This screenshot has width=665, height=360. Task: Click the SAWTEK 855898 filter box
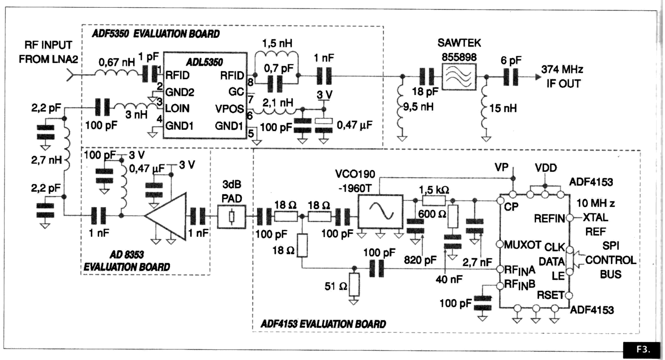[459, 77]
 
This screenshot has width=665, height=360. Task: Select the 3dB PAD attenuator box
[231, 217]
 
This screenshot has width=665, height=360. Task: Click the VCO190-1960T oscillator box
[380, 211]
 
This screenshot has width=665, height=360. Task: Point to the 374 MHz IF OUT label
[562, 77]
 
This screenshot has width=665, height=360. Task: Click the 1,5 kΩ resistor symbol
[434, 201]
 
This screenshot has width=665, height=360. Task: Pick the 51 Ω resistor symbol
[354, 285]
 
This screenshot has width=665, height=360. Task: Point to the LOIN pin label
[177, 108]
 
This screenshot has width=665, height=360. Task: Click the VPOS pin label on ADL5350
[229, 109]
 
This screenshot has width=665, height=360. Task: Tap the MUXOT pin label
[522, 245]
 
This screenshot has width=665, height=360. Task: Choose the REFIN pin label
[549, 218]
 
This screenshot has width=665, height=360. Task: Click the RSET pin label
[550, 295]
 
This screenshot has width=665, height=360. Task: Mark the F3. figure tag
[643, 350]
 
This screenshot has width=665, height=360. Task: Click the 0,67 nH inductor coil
[117, 74]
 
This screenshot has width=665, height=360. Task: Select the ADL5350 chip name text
[204, 62]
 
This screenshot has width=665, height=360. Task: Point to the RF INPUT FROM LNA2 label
[48, 52]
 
